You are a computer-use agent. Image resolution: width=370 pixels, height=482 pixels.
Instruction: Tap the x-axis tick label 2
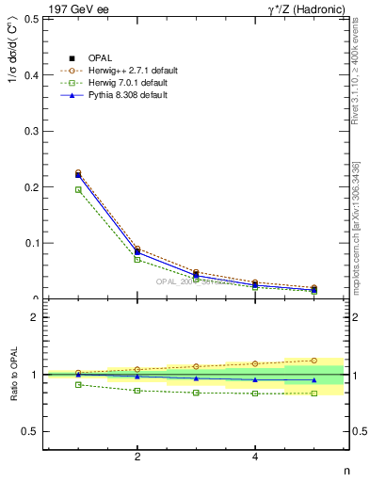(137, 458)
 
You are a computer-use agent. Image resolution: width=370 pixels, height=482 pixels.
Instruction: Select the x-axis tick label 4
(255, 458)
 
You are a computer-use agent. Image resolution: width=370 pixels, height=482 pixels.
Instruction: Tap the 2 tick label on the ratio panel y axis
(35, 317)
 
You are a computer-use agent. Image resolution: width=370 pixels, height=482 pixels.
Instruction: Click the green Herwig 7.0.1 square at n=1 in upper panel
(78, 189)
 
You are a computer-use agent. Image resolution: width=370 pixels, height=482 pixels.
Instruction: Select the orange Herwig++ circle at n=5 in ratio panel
(314, 360)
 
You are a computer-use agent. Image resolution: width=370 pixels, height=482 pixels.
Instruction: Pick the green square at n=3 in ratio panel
(196, 393)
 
